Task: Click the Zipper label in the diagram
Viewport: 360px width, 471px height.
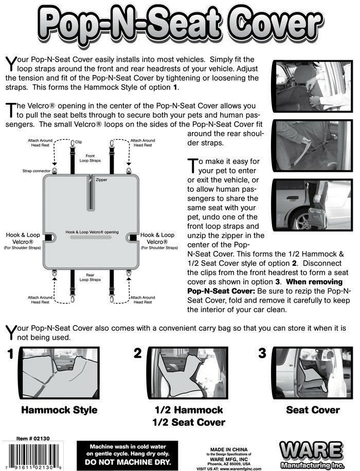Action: [x=101, y=180]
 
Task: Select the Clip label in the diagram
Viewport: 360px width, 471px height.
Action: [x=79, y=141]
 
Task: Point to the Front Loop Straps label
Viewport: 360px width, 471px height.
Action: [x=90, y=158]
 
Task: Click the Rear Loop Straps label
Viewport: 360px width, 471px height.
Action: [x=90, y=278]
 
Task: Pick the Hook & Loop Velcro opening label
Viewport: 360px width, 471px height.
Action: [x=92, y=232]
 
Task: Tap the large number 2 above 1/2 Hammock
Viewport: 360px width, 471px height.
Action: [x=138, y=353]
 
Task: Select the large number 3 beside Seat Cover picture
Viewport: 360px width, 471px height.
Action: [x=262, y=353]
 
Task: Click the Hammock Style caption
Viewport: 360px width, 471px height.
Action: [x=59, y=410]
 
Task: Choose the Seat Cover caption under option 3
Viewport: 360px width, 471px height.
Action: [x=313, y=410]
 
